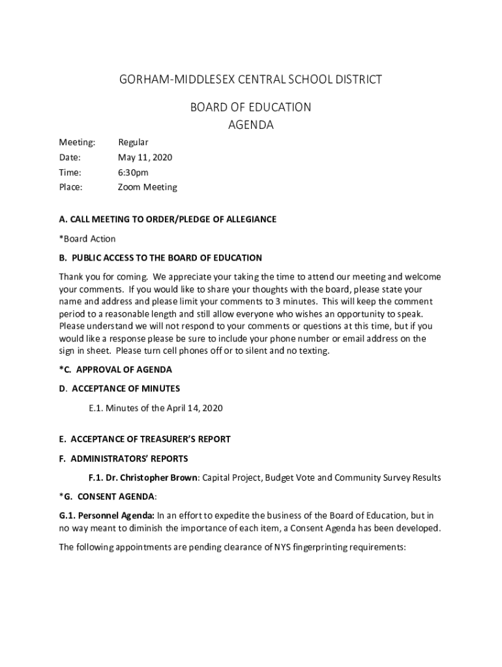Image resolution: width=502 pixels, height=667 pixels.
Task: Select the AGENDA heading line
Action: pyautogui.click(x=250, y=125)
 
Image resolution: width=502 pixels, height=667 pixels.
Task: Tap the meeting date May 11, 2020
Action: pyautogui.click(x=145, y=158)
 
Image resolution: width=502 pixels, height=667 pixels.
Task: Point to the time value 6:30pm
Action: pyautogui.click(x=133, y=173)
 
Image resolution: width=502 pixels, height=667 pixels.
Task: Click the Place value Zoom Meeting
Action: pyautogui.click(x=147, y=188)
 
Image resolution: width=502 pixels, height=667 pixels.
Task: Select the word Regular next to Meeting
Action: pyautogui.click(x=133, y=143)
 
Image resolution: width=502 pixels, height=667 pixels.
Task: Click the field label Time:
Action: pyautogui.click(x=70, y=173)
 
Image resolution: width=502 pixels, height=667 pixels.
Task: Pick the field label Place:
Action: pyautogui.click(x=70, y=188)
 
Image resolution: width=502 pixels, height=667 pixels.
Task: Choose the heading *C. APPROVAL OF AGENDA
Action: pyautogui.click(x=115, y=370)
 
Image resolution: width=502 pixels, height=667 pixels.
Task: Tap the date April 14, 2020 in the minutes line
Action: pyautogui.click(x=194, y=408)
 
